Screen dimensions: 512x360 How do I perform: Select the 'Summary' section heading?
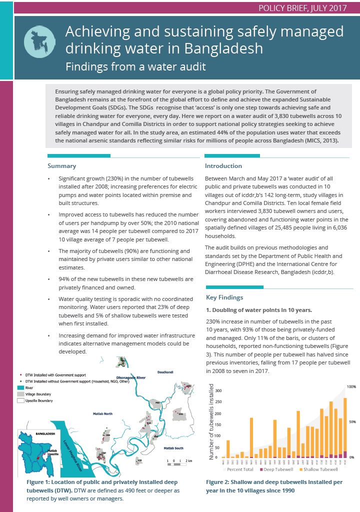[61, 166]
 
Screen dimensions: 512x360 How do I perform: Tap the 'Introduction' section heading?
[223, 166]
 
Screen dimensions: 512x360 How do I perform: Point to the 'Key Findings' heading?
[224, 297]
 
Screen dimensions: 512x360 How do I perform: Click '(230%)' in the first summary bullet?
[116, 178]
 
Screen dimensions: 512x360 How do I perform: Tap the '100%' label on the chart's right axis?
[351, 387]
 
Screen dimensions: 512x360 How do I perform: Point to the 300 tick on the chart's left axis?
[217, 390]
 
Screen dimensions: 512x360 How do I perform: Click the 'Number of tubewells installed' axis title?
[210, 422]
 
